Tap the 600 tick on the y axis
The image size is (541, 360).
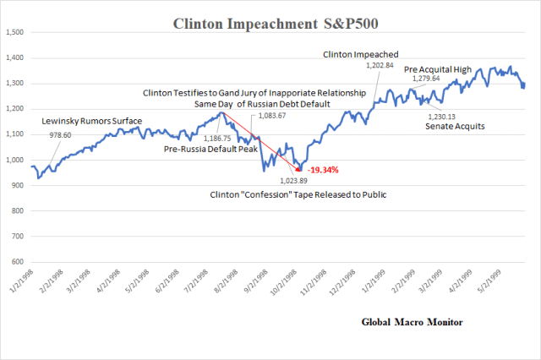pos(18,262)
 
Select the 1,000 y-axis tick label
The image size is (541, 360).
pos(14,160)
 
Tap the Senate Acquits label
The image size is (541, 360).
pos(456,126)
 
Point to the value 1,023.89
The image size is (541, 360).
pos(296,179)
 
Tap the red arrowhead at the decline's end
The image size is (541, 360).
pos(298,169)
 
